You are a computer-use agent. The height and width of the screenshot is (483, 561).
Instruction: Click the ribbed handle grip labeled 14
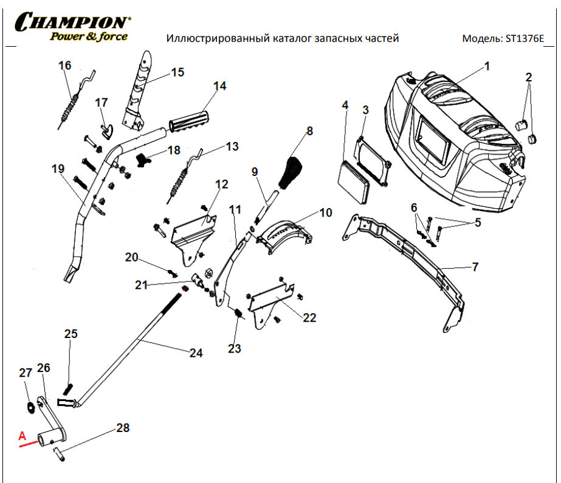coord(189,121)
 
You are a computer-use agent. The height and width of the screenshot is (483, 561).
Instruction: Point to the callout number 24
coord(195,353)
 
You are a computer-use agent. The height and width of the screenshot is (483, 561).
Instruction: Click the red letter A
coord(22,435)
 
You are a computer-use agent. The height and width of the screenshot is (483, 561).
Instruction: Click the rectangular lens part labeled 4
coord(353,180)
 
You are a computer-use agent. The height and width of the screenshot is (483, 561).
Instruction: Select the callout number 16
coord(64,65)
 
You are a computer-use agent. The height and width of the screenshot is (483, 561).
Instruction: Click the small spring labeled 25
coord(69,387)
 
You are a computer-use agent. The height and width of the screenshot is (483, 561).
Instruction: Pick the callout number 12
coord(221,184)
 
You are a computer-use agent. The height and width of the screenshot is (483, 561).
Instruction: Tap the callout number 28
coord(123,428)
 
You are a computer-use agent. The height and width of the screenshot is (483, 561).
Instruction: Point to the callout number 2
coord(528,77)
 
